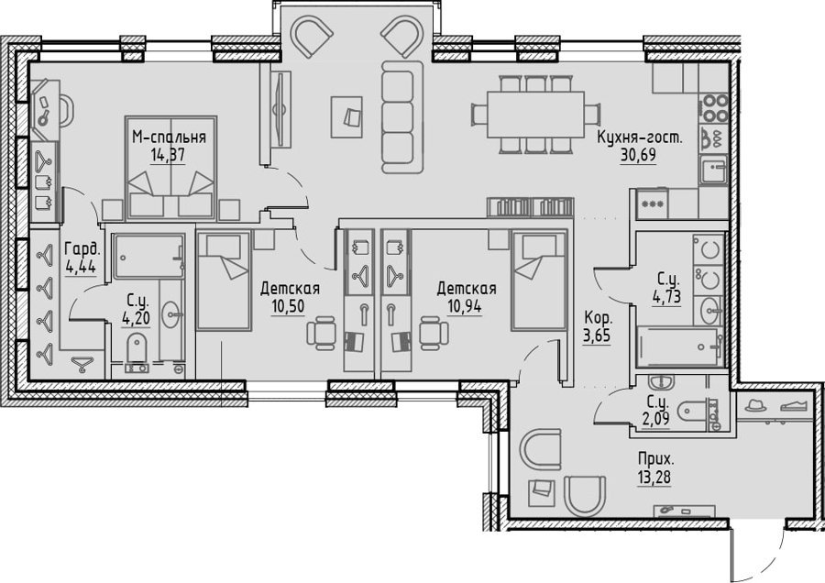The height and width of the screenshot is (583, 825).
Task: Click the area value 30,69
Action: click(x=638, y=156)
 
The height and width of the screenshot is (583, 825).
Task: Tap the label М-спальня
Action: click(x=169, y=137)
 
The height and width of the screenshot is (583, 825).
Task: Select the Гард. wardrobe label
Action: click(x=81, y=249)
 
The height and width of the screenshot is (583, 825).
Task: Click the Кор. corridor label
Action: click(x=599, y=318)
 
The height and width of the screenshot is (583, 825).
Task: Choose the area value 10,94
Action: click(x=464, y=306)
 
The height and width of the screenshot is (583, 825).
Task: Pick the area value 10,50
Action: click(x=288, y=306)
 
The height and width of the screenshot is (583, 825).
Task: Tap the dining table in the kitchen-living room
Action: click(x=535, y=115)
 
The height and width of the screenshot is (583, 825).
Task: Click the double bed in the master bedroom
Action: click(x=171, y=168)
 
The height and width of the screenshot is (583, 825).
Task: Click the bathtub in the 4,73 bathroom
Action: click(x=678, y=346)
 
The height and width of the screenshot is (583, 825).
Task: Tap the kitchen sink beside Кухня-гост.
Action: click(x=713, y=170)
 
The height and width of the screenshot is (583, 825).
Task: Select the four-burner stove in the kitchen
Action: click(x=713, y=108)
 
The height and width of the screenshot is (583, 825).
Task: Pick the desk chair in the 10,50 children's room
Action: click(x=321, y=333)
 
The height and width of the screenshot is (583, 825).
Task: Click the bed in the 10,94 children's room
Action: click(x=538, y=281)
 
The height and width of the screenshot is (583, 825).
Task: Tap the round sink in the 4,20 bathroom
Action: click(x=171, y=314)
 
